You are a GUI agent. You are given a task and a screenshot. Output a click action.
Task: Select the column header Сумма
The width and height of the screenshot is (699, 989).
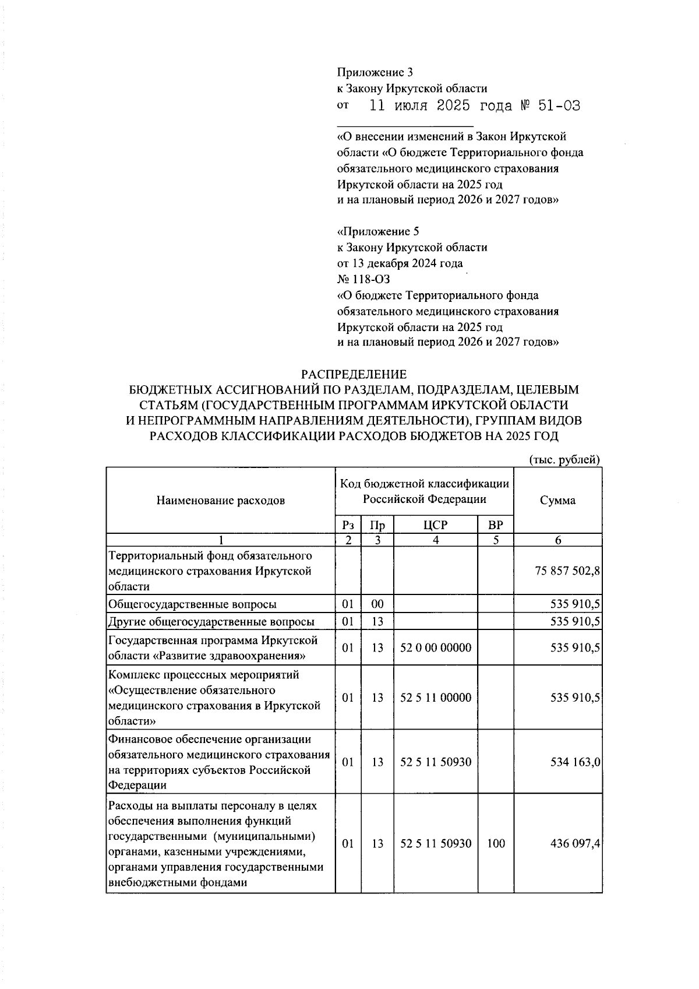(557, 501)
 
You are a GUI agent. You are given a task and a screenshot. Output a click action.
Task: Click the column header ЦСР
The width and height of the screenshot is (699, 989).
(435, 525)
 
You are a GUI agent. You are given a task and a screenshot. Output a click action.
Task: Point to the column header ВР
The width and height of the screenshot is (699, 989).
(495, 525)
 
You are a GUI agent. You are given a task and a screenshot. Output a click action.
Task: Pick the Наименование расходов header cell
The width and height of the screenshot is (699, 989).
(221, 501)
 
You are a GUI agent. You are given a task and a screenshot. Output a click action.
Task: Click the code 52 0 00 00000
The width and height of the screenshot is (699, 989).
(436, 648)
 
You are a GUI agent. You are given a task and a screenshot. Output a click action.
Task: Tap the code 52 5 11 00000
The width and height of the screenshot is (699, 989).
(436, 698)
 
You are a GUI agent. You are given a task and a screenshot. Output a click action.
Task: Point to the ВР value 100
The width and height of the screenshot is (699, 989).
(496, 843)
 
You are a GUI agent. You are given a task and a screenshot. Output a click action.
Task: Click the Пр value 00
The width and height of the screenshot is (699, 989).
(377, 604)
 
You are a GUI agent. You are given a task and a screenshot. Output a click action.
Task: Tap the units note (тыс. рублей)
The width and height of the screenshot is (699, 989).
(564, 460)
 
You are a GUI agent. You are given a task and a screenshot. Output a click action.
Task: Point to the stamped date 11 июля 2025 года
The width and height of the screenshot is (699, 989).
(441, 106)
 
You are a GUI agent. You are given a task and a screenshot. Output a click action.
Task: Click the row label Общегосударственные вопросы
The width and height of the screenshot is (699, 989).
(193, 604)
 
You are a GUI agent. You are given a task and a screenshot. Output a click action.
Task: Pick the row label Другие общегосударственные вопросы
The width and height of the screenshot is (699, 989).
(211, 622)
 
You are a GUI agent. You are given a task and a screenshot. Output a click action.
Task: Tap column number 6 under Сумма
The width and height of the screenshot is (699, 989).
(557, 540)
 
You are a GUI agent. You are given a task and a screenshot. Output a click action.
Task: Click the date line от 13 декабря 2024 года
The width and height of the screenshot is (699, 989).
(400, 263)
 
